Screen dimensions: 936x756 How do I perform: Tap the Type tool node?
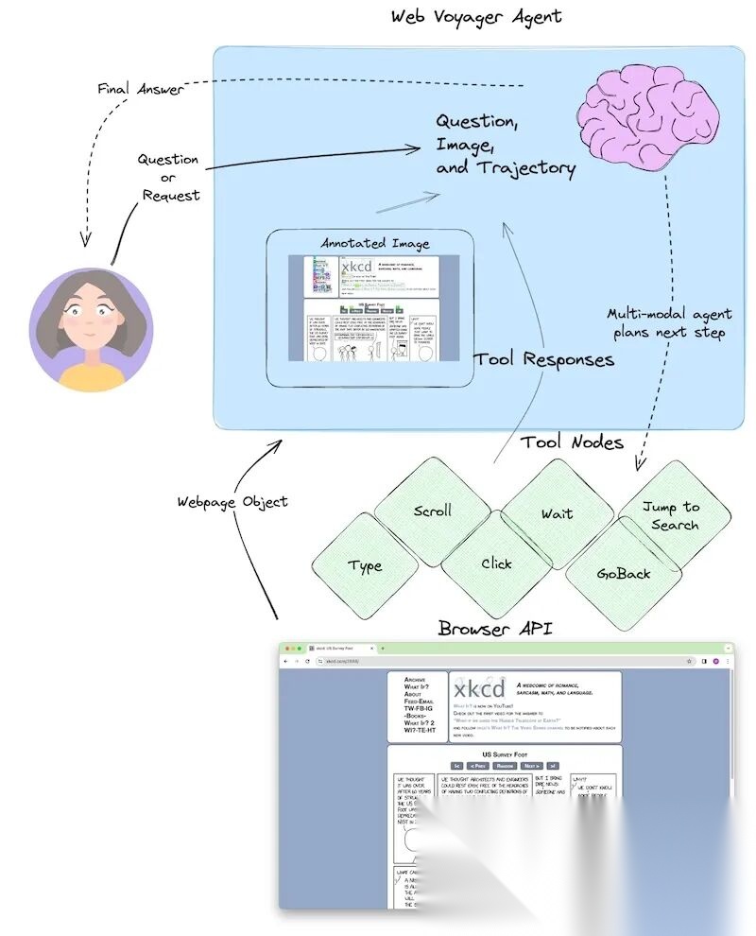coord(365,565)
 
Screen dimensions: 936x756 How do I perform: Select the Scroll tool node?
coord(433,511)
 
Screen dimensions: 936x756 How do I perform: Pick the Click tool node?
coord(496,563)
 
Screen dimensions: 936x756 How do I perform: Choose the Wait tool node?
coord(557,513)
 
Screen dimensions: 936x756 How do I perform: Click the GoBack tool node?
coord(624,573)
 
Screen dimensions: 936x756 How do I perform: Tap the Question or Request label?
coord(169,177)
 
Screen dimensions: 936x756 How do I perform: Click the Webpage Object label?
coord(232,501)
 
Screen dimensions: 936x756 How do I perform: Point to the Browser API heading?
coord(495,628)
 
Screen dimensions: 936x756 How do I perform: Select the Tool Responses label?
coord(543,358)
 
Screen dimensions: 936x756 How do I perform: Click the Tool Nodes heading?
coord(572,442)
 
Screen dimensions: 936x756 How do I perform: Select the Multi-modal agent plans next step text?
coord(669,323)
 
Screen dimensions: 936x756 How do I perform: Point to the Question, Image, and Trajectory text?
coord(504,145)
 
